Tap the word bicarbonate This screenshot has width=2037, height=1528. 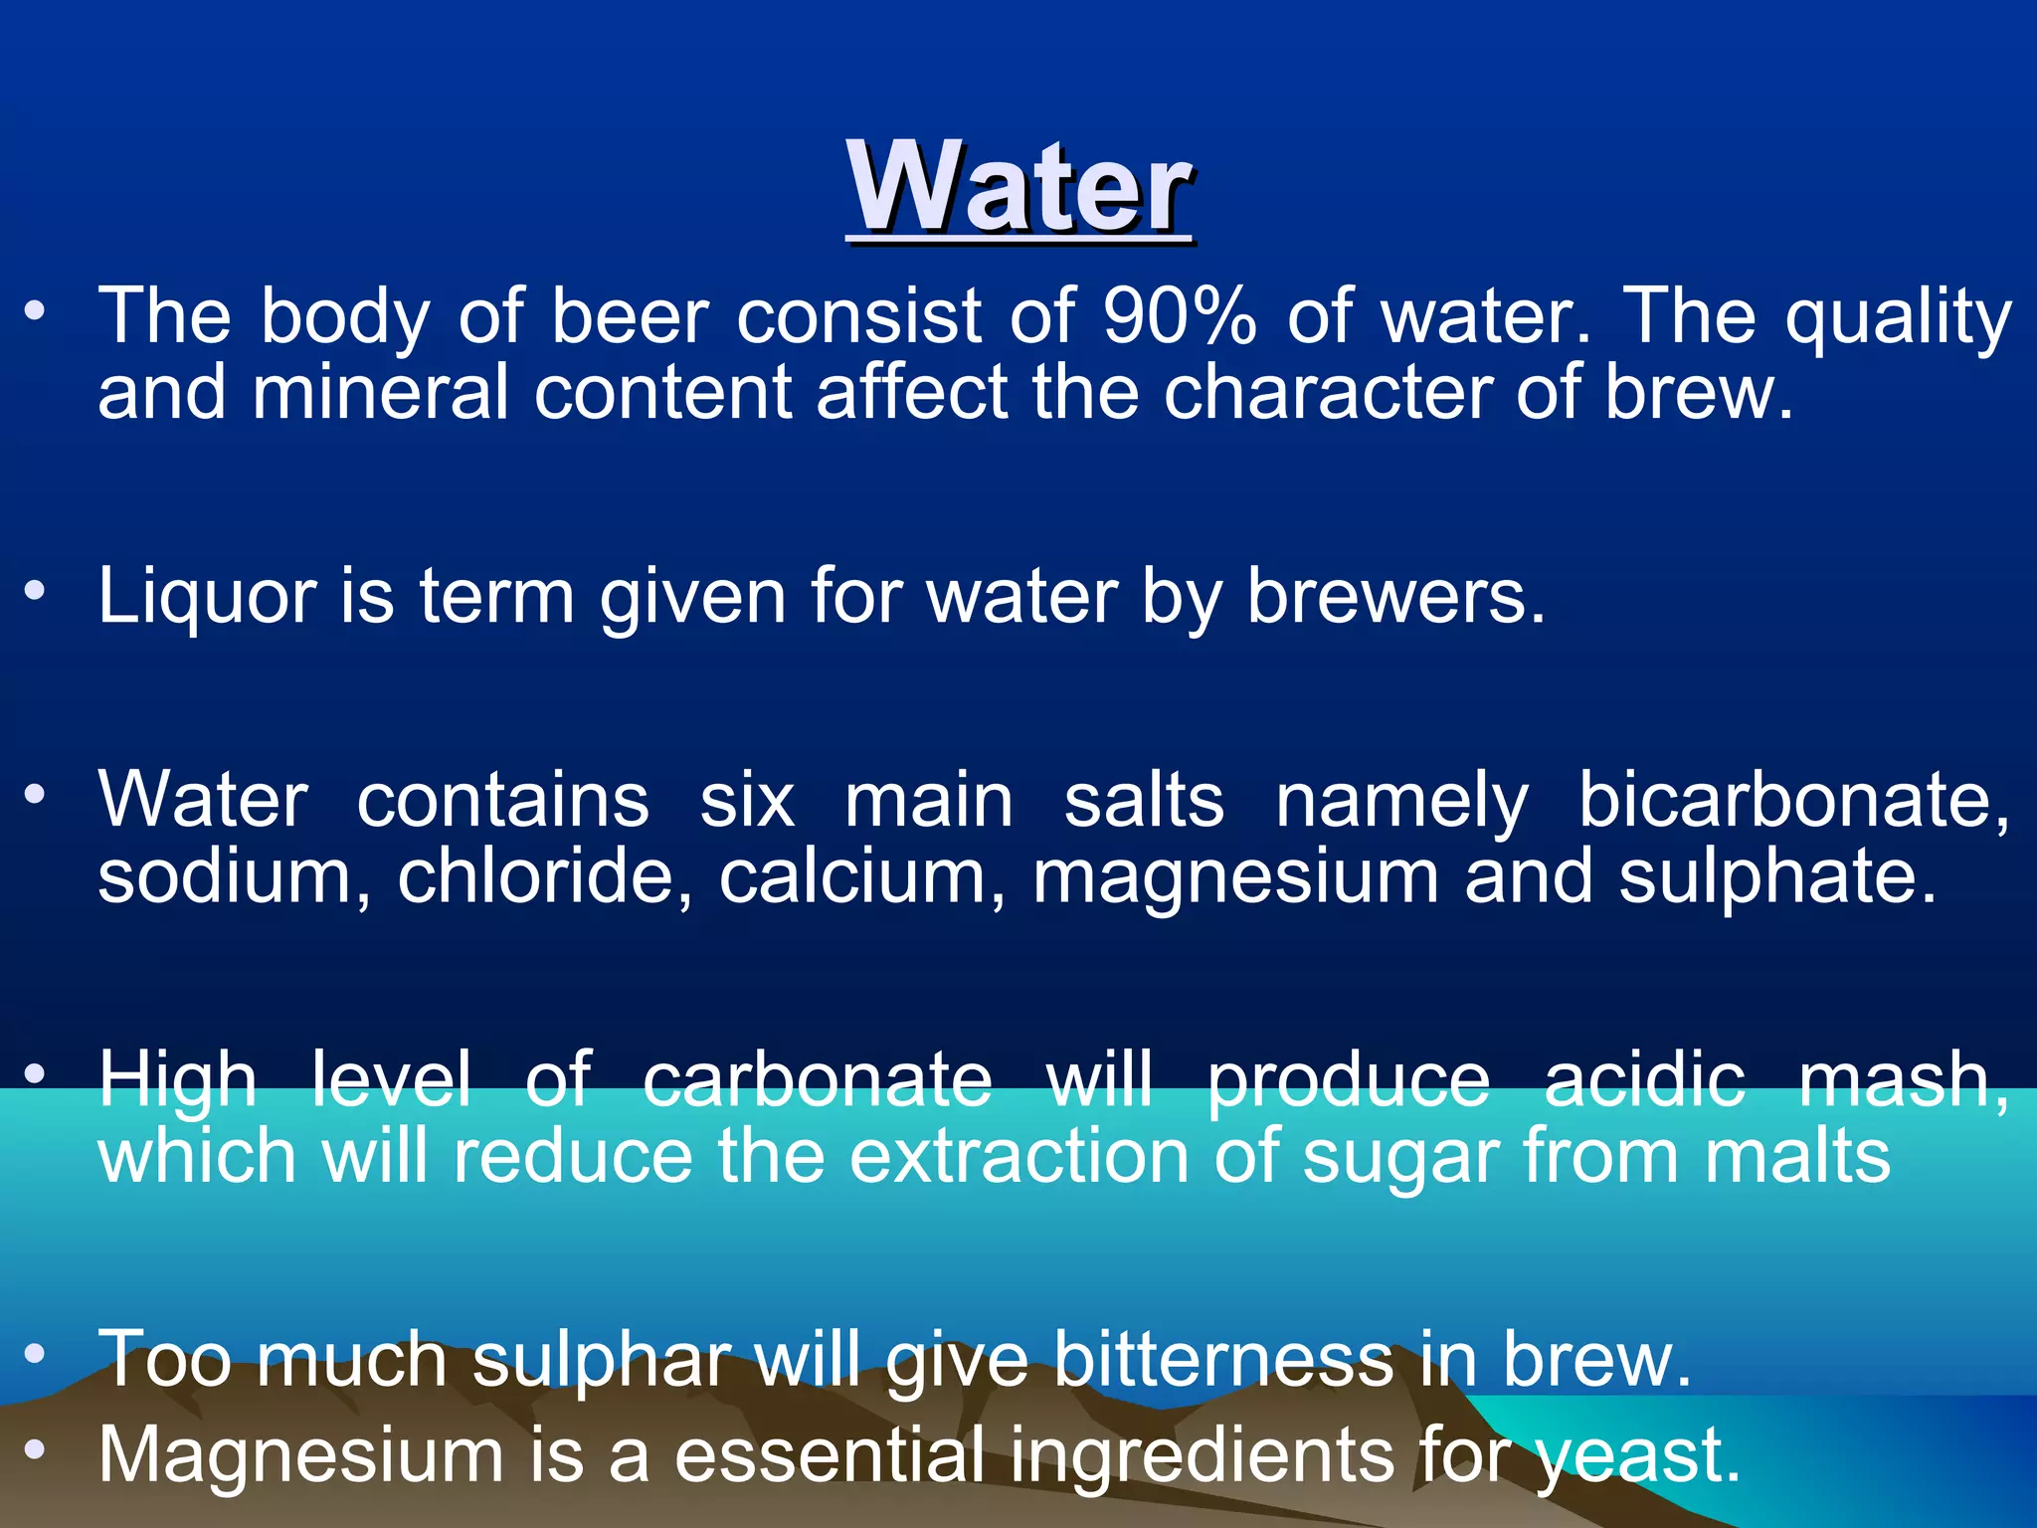coord(1792,800)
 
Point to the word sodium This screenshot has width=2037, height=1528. coord(235,877)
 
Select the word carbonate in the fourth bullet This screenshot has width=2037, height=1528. coord(817,1080)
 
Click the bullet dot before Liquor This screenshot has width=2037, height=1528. coord(36,591)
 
